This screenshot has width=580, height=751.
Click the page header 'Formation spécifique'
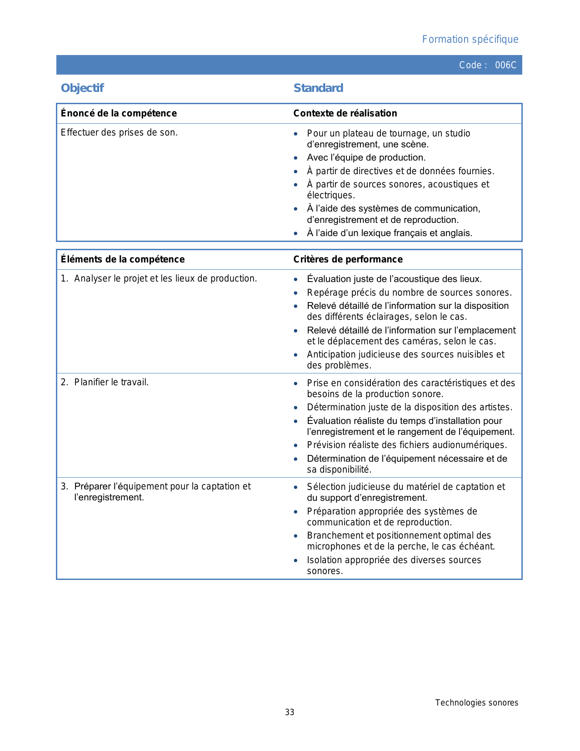point(470,40)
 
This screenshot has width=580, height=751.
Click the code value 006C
point(505,65)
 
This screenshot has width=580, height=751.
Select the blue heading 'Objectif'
point(82,88)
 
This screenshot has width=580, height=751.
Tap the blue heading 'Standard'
point(318,88)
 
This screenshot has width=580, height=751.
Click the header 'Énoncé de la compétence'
point(119,113)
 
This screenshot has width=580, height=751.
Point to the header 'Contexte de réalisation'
point(345,113)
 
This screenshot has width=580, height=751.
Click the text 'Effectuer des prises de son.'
point(119,133)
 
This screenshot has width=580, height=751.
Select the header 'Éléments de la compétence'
point(123,259)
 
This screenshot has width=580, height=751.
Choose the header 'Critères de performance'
point(348,259)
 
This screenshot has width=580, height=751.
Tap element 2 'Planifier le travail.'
point(111,382)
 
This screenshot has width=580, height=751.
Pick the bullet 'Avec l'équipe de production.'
point(366,158)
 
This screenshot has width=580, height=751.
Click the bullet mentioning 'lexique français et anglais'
point(390,233)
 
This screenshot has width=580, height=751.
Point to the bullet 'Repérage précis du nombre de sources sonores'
point(409,292)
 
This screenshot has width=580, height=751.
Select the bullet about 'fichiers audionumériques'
point(407,445)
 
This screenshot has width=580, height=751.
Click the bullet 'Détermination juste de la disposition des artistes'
point(410,407)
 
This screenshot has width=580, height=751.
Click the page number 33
point(290,712)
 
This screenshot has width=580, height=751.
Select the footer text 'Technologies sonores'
point(476,703)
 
